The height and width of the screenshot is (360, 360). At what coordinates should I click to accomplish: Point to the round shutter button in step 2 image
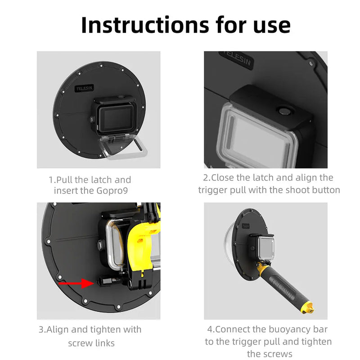(284, 110)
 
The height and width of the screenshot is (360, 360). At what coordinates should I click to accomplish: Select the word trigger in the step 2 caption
(213, 190)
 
